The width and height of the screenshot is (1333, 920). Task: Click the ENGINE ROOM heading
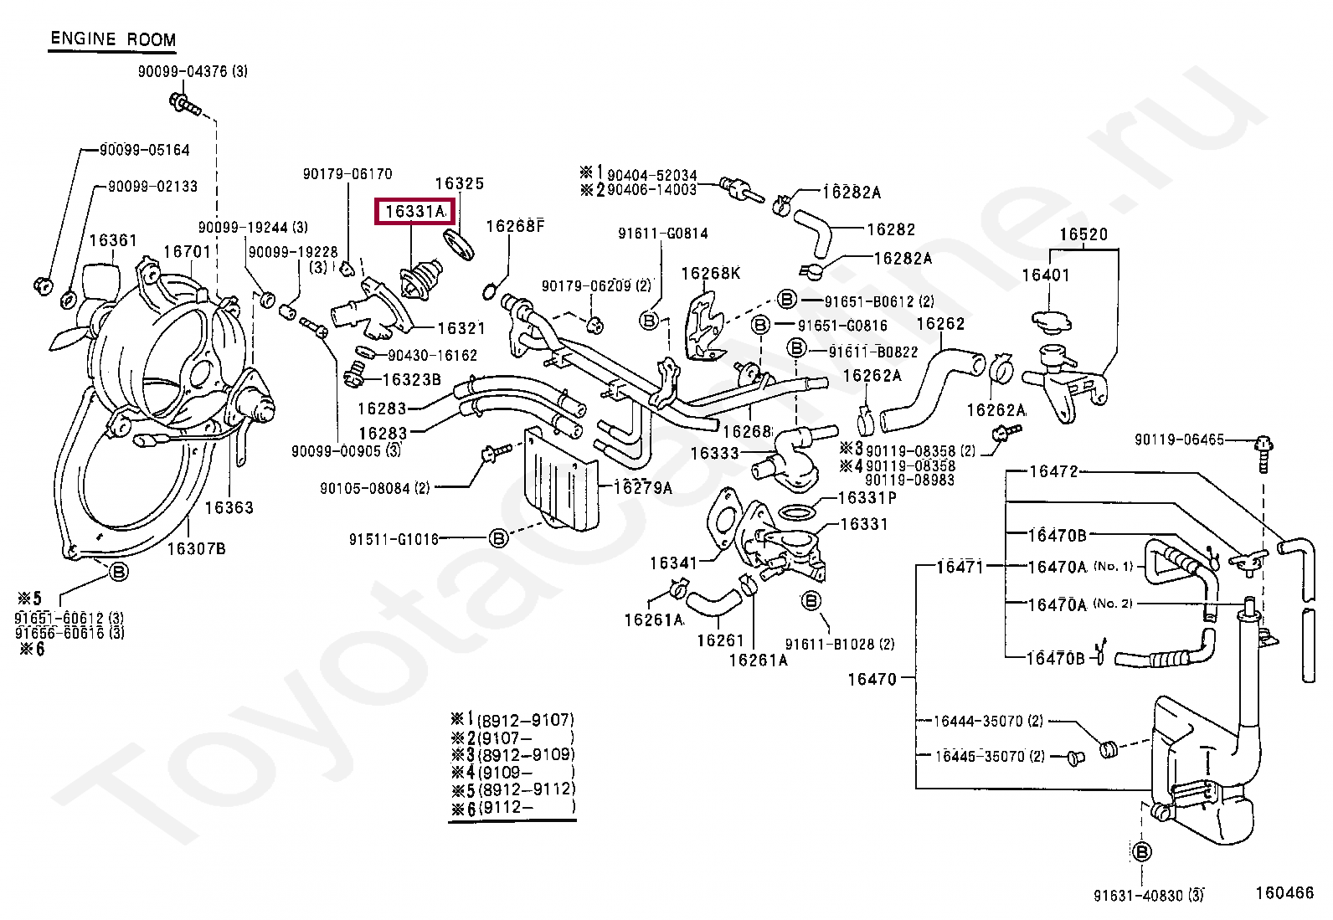click(113, 39)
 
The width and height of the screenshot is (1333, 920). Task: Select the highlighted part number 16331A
click(415, 212)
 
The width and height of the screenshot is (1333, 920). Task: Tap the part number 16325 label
click(459, 183)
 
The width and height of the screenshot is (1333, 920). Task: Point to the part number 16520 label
click(1083, 234)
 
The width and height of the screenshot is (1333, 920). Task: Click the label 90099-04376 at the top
click(193, 72)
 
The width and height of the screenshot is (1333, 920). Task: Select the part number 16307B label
click(196, 549)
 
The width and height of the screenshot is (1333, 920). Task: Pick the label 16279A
click(643, 487)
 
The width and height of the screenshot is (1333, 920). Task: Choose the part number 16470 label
click(872, 679)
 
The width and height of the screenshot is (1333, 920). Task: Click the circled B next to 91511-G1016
click(498, 538)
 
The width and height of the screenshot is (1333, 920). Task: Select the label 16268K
click(710, 274)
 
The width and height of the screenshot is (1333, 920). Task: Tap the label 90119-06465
click(1179, 439)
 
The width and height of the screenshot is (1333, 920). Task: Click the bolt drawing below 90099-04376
click(184, 105)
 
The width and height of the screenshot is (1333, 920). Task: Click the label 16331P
click(867, 498)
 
